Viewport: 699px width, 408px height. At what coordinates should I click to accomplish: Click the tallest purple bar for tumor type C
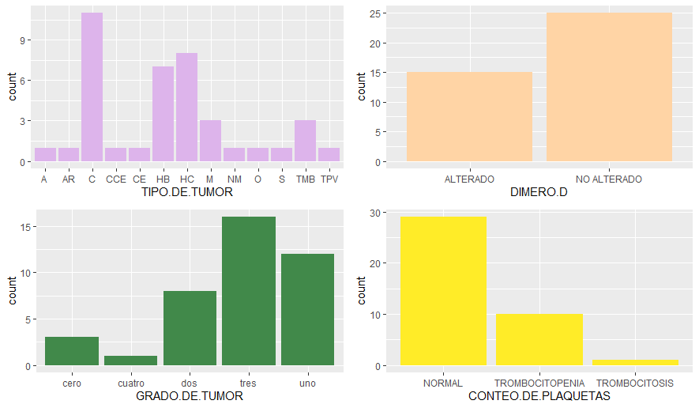[92, 87]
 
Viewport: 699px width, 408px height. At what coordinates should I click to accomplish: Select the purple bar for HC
[186, 108]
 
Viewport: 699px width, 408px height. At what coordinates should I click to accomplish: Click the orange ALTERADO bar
[469, 117]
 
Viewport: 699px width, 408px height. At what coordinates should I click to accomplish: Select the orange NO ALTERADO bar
[609, 87]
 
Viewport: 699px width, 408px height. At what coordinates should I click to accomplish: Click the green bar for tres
[249, 291]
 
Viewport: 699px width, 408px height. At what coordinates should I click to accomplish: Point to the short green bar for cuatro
[131, 361]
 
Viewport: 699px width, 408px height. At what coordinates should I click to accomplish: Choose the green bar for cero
[72, 351]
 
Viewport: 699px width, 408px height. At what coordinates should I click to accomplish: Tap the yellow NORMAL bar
[443, 291]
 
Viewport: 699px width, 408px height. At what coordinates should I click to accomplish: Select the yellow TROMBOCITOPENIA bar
[539, 340]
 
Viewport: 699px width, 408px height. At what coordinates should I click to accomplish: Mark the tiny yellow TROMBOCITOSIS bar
[635, 362]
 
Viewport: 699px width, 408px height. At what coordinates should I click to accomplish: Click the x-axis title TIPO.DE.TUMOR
[186, 192]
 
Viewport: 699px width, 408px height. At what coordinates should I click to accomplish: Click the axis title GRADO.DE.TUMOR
[190, 396]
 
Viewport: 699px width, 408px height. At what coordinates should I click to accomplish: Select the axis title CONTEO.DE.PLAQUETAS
[539, 396]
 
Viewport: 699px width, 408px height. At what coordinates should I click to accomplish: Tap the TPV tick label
[329, 179]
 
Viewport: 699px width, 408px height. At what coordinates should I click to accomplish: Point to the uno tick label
[308, 383]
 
